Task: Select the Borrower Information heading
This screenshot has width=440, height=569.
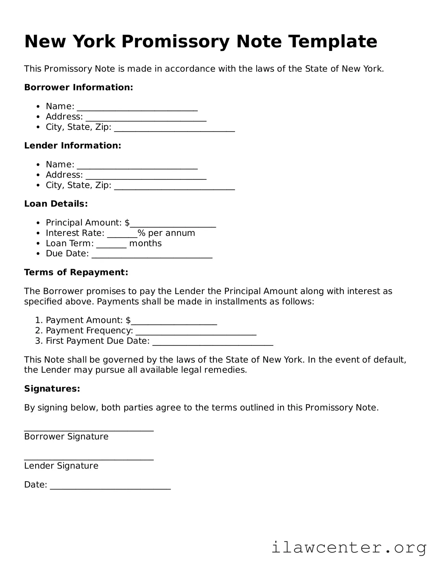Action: coord(78,87)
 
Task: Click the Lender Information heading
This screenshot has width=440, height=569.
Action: coord(72,145)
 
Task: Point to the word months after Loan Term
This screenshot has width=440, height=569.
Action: coord(145,243)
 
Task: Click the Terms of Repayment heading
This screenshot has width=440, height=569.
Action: coord(76,272)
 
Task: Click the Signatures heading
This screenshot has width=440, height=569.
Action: coord(52,389)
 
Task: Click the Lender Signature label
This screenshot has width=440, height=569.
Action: coord(61,466)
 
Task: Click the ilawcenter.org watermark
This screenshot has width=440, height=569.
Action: coord(349,547)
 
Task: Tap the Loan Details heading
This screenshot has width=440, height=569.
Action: coord(56,204)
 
